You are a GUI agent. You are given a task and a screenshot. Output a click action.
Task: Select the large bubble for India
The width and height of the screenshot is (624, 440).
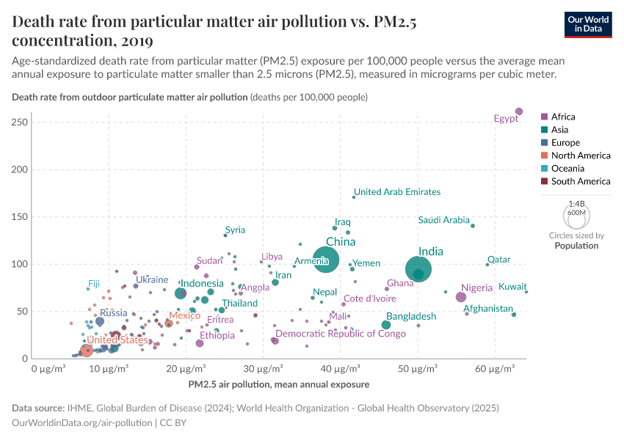(x=418, y=269)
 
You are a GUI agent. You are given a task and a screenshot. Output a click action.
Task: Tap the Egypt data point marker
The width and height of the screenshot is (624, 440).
(x=519, y=111)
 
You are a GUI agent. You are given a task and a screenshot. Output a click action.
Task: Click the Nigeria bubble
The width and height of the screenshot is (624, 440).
(x=461, y=297)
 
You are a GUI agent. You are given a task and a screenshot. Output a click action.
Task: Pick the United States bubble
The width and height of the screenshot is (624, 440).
(x=87, y=351)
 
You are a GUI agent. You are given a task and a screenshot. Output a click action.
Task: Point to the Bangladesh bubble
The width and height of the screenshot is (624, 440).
(x=386, y=325)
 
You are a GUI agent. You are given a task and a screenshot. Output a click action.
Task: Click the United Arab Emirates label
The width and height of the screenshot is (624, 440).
(x=397, y=192)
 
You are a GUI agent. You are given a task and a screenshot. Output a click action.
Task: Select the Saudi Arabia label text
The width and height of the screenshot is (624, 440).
(x=443, y=220)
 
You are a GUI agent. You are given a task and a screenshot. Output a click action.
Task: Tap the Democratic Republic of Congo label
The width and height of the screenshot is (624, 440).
(x=340, y=334)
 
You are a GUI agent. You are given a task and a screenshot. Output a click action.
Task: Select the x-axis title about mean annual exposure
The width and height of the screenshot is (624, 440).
(x=278, y=384)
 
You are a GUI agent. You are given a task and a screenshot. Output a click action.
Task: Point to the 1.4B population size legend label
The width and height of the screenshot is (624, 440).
(x=577, y=205)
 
